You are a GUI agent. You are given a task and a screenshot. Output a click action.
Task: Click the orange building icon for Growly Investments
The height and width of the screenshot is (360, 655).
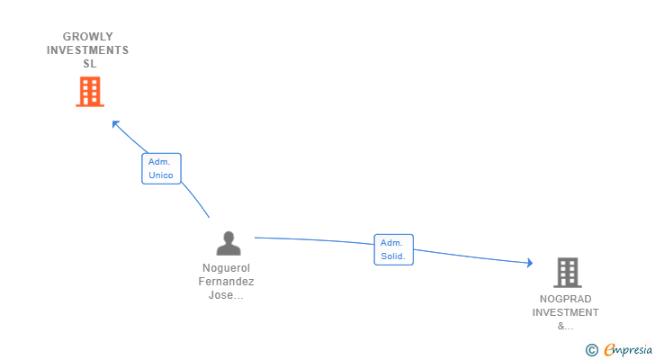[89, 92]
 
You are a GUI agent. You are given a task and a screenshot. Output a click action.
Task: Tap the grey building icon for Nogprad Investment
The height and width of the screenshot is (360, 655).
[567, 272]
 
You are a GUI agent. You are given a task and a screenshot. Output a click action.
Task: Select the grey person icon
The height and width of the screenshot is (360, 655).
[229, 243]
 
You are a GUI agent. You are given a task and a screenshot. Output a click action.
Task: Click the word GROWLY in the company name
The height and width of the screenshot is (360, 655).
[88, 37]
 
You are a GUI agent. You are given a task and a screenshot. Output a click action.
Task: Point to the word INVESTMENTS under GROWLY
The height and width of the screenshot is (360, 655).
[88, 50]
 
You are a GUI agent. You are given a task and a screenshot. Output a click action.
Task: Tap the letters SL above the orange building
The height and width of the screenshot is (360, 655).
[89, 64]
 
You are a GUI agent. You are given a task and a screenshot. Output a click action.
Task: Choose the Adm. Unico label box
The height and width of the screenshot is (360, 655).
[161, 168]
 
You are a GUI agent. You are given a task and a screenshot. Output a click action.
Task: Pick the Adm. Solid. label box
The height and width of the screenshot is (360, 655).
[393, 249]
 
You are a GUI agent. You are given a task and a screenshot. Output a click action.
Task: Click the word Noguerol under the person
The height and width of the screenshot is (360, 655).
[226, 268]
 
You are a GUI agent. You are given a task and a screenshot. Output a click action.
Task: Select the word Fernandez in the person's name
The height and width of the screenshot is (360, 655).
[226, 282]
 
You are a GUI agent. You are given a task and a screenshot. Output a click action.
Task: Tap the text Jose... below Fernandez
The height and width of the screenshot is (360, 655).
[226, 295]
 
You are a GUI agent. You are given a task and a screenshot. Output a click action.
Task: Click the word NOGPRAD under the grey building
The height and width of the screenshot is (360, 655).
[565, 299]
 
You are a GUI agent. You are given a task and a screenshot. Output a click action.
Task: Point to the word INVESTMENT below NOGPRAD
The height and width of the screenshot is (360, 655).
[565, 312]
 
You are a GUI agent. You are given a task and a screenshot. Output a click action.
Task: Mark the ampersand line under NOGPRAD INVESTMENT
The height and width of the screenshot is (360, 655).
[565, 326]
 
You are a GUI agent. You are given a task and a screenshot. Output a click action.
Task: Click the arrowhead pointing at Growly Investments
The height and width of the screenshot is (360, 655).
[115, 123]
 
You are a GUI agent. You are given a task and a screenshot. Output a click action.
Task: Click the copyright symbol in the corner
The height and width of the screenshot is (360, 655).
[591, 350]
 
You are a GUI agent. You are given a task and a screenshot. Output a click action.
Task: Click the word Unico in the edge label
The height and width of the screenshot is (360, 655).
[161, 175]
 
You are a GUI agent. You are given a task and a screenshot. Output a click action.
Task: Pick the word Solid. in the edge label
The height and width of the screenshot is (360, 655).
[393, 256]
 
